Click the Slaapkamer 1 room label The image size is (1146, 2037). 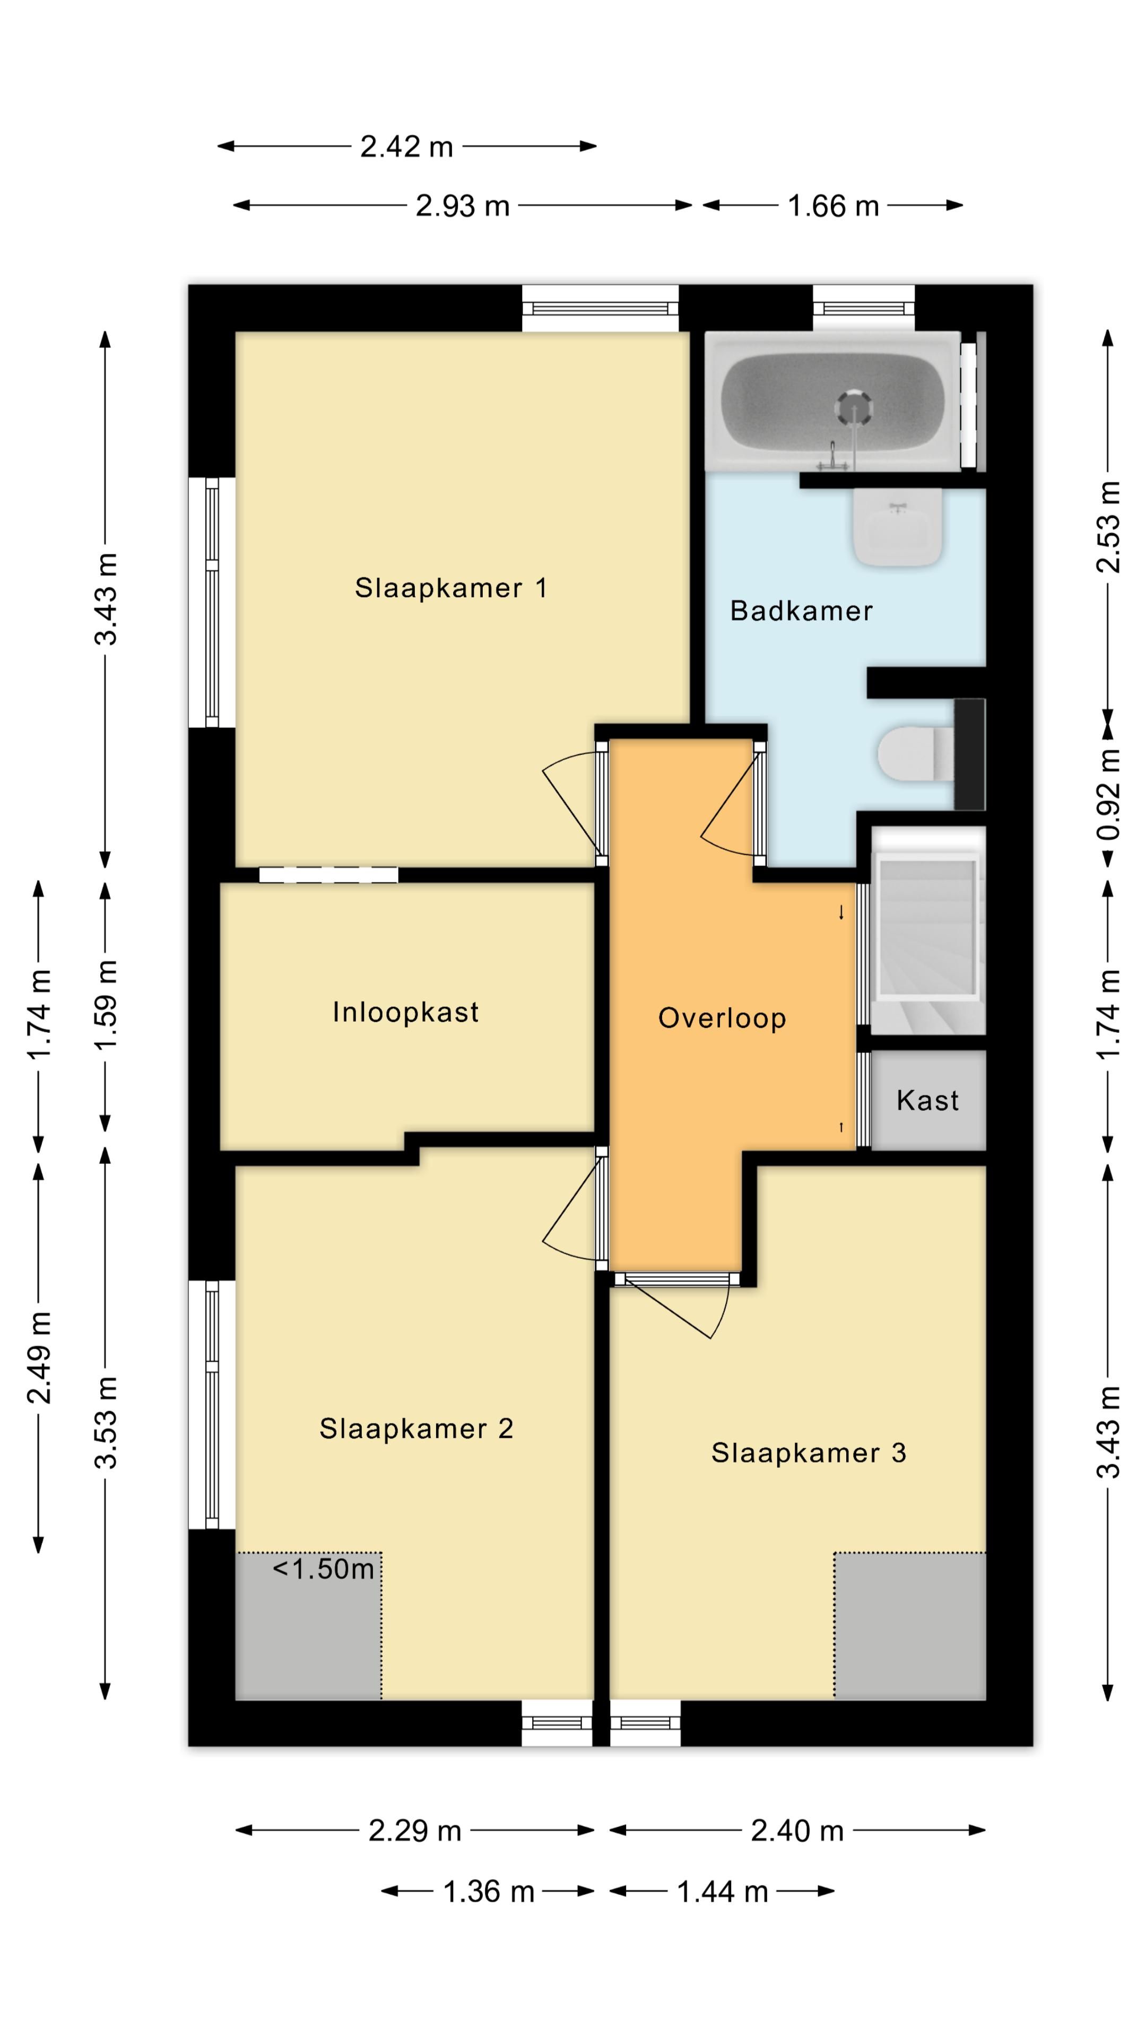click(x=451, y=588)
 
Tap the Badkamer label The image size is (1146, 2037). click(x=801, y=611)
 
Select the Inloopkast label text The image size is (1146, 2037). click(x=406, y=1012)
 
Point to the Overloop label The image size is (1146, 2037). click(x=722, y=1019)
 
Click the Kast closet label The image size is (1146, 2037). click(x=928, y=1100)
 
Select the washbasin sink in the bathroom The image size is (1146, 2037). click(x=898, y=527)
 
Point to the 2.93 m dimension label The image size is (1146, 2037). click(x=463, y=206)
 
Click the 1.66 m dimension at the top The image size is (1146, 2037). click(x=833, y=206)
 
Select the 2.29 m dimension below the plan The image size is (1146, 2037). click(x=414, y=1831)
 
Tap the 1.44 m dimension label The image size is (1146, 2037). click(x=722, y=1892)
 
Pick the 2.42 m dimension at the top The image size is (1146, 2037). click(x=406, y=146)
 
